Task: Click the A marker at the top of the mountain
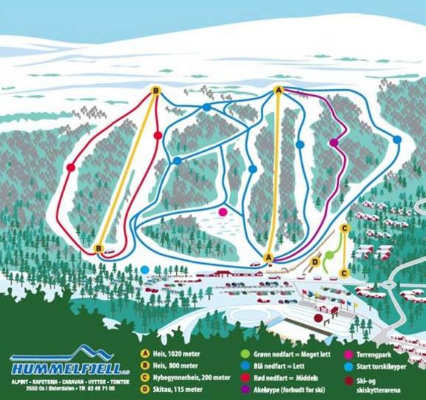tap(279, 90)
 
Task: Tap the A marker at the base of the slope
tap(269, 257)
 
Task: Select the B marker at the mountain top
tap(156, 91)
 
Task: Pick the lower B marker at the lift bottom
tap(98, 249)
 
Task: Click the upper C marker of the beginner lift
tap(344, 228)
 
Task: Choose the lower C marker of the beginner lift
tap(343, 273)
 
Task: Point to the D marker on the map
tap(315, 261)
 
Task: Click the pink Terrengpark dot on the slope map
tap(223, 212)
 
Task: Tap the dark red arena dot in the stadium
tap(318, 318)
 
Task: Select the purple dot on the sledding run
tap(334, 143)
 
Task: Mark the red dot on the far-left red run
tap(71, 167)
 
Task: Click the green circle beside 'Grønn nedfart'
tap(245, 354)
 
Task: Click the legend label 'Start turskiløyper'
tap(375, 365)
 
